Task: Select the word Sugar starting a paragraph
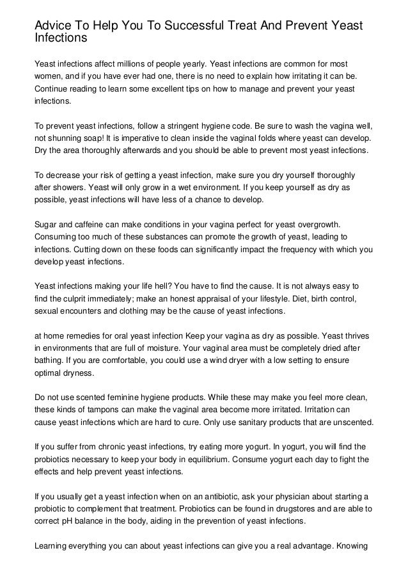click(45, 224)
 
